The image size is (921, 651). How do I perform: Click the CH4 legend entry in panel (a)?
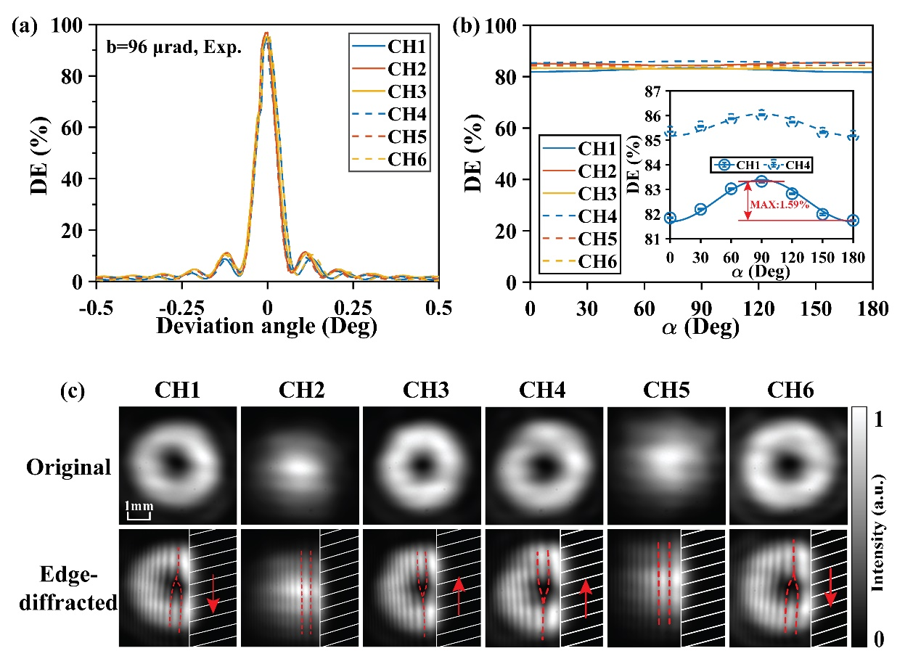pyautogui.click(x=390, y=115)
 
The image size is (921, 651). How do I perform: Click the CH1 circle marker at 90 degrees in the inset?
pyautogui.click(x=761, y=181)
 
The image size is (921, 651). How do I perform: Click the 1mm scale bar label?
pyautogui.click(x=139, y=505)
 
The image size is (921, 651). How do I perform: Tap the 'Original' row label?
pyautogui.click(x=69, y=467)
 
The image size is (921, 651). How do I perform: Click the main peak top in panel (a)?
pyautogui.click(x=266, y=33)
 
